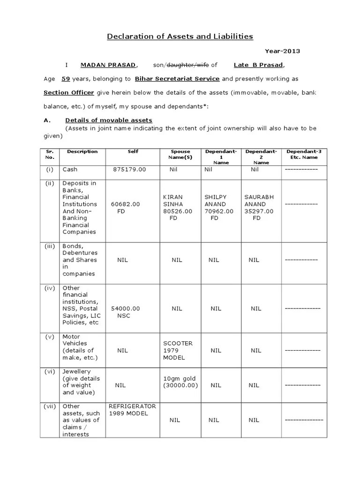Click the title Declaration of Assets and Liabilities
pyautogui.click(x=180, y=36)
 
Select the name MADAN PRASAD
pyautogui.click(x=108, y=65)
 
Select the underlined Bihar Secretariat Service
pyautogui.click(x=178, y=79)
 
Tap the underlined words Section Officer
pyautogui.click(x=69, y=92)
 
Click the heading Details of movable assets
pyautogui.click(x=109, y=120)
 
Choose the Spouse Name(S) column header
pyautogui.click(x=180, y=154)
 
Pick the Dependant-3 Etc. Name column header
pyautogui.click(x=304, y=154)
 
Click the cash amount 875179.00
pyautogui.click(x=129, y=169)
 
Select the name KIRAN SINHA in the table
pyautogui.click(x=172, y=201)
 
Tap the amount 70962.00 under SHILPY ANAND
pyautogui.click(x=218, y=211)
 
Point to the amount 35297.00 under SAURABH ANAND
pyautogui.click(x=259, y=211)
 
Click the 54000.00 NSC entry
pyautogui.click(x=125, y=312)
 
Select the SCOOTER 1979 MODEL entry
pyautogui.click(x=177, y=350)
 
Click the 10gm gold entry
pyautogui.click(x=180, y=382)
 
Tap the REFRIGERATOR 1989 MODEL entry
pyautogui.click(x=132, y=410)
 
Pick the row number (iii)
pyautogui.click(x=50, y=246)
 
